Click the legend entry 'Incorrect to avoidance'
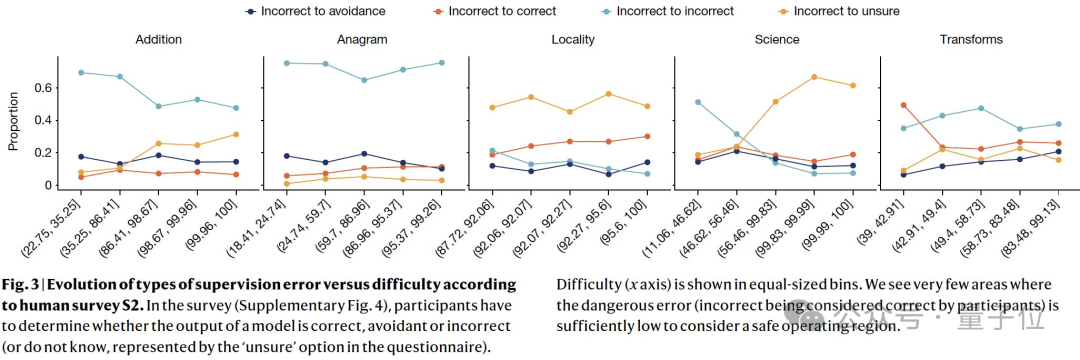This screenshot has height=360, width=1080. point(315,11)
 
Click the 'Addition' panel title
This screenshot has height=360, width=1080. point(158,39)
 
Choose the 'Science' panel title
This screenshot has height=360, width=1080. point(776,39)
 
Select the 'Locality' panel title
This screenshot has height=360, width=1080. point(573,39)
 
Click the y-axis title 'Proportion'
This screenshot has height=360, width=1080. point(12,122)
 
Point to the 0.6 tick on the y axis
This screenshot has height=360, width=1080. point(43,88)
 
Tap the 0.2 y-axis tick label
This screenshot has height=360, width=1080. point(43,153)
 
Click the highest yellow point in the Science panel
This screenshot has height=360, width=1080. point(814,77)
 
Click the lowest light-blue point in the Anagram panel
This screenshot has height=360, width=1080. point(364,80)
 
